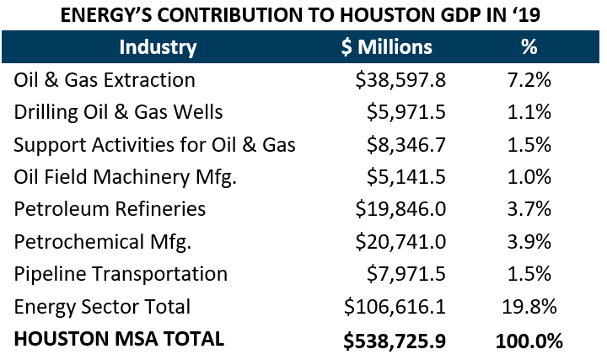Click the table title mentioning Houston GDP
303,14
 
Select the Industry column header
158,47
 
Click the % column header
529,47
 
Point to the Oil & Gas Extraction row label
105,80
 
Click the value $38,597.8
400,80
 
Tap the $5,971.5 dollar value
406,112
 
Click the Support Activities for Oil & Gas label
154,144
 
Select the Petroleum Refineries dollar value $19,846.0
400,209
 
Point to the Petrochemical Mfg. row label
103,242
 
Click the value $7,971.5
406,274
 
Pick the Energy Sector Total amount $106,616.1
395,307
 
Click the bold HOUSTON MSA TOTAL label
119,339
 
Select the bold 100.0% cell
529,340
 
